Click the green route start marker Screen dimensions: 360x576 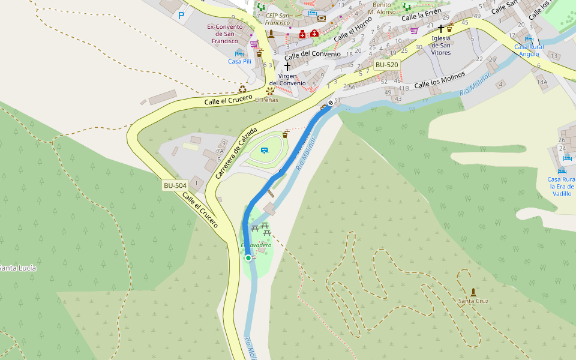click(248, 258)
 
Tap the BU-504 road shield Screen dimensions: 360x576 click(175, 185)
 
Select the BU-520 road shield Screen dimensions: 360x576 click(386, 65)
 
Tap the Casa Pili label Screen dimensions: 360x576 click(239, 61)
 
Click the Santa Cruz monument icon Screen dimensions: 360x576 click(473, 292)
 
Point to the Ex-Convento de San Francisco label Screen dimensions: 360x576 click(224, 34)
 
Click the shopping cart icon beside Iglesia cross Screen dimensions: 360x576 click(414, 31)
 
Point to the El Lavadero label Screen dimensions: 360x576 click(256, 245)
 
